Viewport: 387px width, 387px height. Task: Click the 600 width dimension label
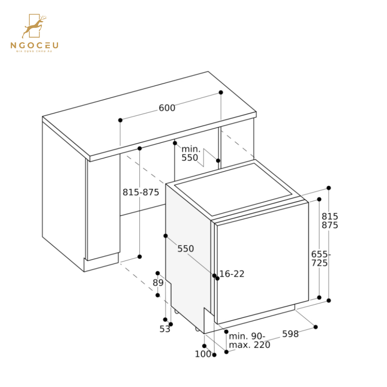(167, 108)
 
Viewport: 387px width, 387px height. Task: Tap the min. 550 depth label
(190, 154)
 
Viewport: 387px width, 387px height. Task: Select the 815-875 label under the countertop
(141, 192)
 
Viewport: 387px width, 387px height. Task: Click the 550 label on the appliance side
(185, 249)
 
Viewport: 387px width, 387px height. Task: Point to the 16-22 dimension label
(232, 274)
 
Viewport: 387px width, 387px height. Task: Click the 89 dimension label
(158, 283)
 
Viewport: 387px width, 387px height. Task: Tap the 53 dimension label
(165, 329)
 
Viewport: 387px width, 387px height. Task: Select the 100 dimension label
(203, 354)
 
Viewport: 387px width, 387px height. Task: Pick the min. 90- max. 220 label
(249, 341)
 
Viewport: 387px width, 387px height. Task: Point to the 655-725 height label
(320, 258)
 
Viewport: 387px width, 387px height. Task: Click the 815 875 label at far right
(330, 221)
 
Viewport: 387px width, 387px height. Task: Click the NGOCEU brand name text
(34, 45)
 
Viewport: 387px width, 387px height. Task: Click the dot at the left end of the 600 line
(120, 120)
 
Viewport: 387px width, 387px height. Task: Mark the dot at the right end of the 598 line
(316, 327)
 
